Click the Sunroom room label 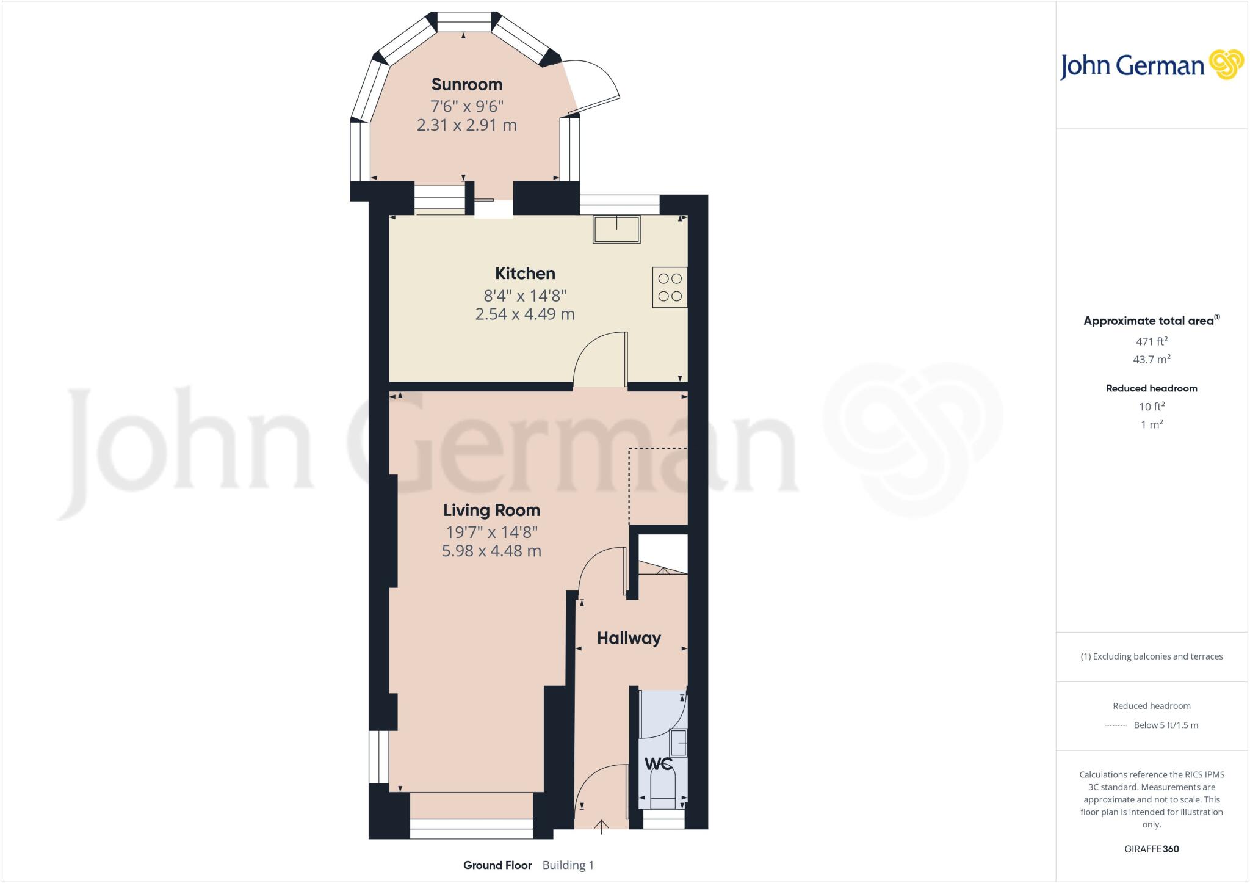(x=466, y=84)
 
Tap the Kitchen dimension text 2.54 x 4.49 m (x=525, y=314)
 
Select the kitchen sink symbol (x=616, y=230)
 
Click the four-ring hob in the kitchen (x=670, y=287)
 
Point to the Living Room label (x=491, y=510)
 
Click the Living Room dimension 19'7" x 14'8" (x=491, y=532)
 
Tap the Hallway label (x=629, y=638)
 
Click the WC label (x=658, y=764)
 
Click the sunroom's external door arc (x=595, y=85)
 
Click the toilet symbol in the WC (x=663, y=788)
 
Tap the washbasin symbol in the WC (x=679, y=743)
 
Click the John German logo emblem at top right (x=1226, y=65)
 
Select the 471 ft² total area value (x=1151, y=341)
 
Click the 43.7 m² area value (x=1151, y=359)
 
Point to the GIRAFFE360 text (x=1151, y=849)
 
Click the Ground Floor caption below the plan (x=497, y=865)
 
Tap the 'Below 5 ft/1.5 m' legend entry (x=1165, y=725)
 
